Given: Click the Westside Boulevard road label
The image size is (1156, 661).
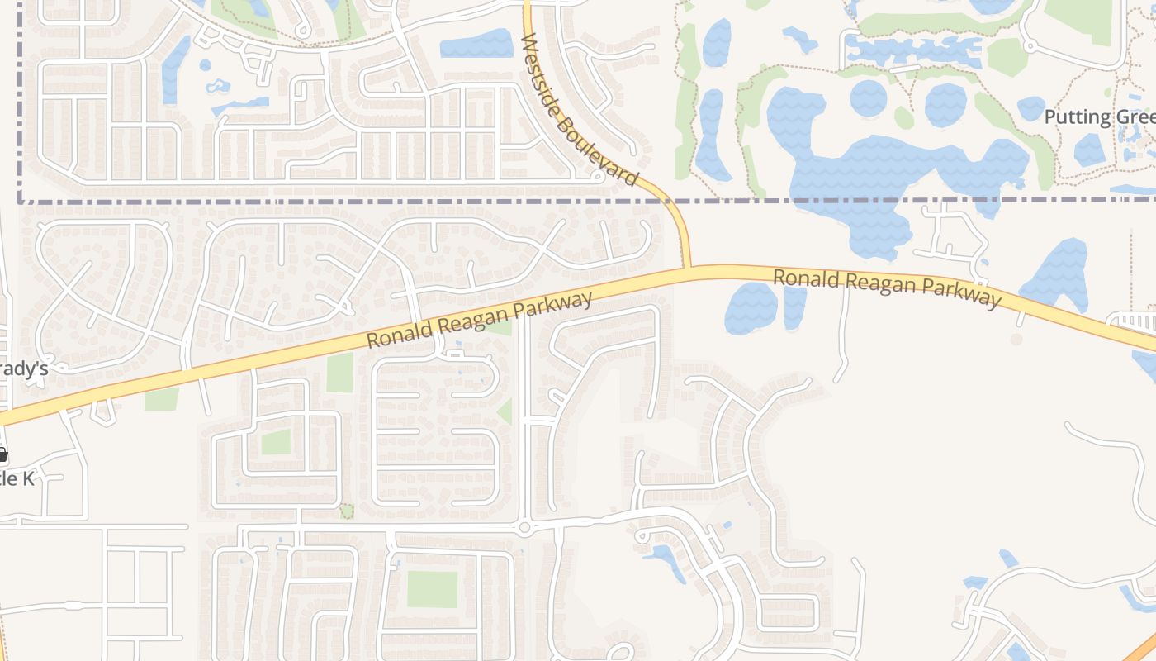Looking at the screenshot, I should click(x=581, y=111).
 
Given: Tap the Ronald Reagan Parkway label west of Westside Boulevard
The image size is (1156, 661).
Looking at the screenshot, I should click(x=479, y=320).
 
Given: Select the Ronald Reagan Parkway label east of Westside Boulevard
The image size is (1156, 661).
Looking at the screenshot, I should click(x=887, y=288).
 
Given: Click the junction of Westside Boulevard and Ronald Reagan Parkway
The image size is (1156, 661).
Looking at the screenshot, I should click(x=687, y=269).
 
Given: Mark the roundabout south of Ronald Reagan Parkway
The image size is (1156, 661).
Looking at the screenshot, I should click(x=524, y=527).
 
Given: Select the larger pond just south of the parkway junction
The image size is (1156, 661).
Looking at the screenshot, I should click(x=751, y=307).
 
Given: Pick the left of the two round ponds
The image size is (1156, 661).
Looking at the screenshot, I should click(x=869, y=98).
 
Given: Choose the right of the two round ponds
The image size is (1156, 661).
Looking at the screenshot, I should click(x=945, y=104).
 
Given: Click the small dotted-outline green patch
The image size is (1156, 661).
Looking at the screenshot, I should click(x=347, y=511).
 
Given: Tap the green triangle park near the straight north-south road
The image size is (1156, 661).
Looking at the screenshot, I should click(x=505, y=411).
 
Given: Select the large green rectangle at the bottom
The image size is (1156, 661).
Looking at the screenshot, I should click(x=432, y=589).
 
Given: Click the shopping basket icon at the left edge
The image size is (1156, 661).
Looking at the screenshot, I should click(x=2, y=454).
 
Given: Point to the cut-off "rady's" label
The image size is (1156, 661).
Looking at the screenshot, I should click(x=25, y=369).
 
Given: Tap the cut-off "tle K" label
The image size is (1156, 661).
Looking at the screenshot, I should click(x=17, y=478).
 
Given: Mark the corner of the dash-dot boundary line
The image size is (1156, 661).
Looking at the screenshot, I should click(x=20, y=200).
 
